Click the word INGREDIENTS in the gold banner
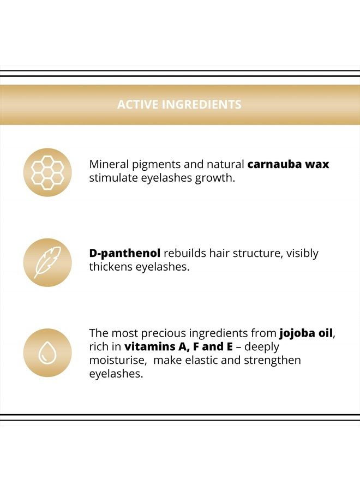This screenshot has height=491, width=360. (x=202, y=104)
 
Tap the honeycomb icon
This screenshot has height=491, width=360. (x=47, y=172)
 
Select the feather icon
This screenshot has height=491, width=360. (x=47, y=262)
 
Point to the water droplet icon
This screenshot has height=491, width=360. (x=47, y=352)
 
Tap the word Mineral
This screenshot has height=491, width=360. (x=109, y=164)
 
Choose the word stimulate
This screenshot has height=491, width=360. (x=113, y=178)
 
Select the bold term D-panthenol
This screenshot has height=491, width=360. (x=124, y=253)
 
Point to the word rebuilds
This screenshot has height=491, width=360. (x=185, y=253)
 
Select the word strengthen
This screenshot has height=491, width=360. (x=272, y=361)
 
